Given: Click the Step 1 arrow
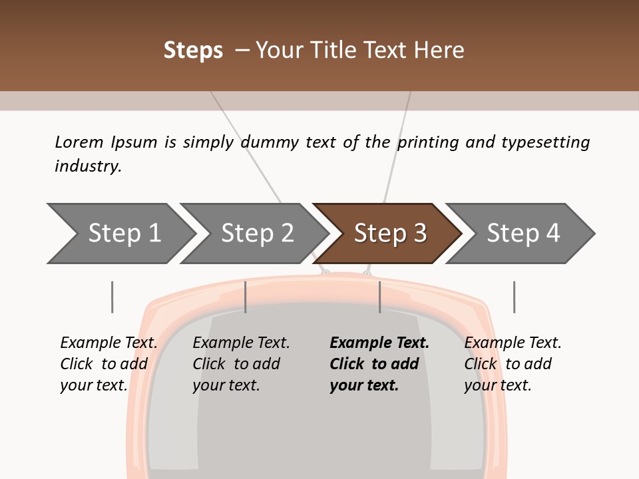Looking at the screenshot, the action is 122,234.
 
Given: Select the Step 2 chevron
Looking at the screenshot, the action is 255,234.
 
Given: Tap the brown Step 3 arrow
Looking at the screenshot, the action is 388,234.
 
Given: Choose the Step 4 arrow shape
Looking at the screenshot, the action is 521,234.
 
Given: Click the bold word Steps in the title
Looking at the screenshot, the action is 193,51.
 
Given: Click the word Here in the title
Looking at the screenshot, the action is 439,50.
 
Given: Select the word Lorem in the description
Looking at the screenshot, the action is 79,142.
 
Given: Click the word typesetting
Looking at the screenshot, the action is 546,142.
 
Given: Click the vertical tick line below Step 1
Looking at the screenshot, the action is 112,297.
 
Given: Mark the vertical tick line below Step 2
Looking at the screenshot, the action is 246,297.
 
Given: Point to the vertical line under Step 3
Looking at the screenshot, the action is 380,297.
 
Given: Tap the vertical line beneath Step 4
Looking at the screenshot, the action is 515,297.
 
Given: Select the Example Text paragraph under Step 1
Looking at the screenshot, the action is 108,364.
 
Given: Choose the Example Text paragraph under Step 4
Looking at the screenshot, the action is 513,364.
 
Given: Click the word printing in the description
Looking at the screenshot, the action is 428,142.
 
